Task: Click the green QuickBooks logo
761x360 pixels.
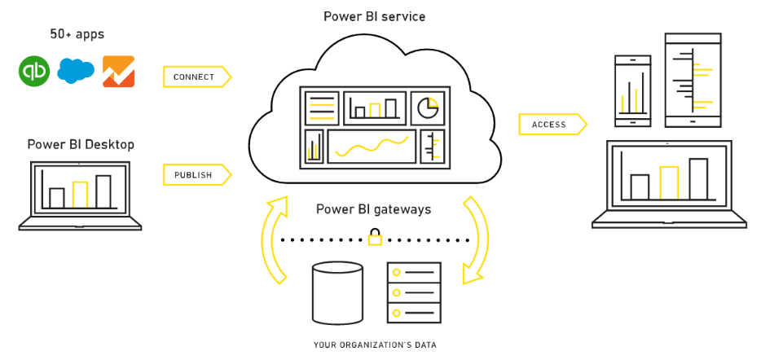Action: click(x=34, y=72)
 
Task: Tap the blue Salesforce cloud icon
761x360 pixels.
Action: click(x=76, y=71)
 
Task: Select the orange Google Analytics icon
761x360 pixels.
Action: click(x=118, y=72)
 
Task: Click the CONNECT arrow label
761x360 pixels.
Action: click(x=196, y=77)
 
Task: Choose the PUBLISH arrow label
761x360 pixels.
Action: click(x=196, y=175)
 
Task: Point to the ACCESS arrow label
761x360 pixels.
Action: click(x=552, y=125)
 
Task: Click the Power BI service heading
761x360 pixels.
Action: click(x=374, y=16)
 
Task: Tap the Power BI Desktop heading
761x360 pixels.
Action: click(x=81, y=145)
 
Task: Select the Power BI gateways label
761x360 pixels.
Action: click(x=374, y=209)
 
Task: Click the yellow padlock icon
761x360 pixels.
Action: click(x=375, y=237)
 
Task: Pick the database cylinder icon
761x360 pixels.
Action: click(x=338, y=293)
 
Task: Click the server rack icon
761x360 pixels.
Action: click(x=414, y=292)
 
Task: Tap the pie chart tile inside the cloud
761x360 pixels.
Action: click(x=428, y=108)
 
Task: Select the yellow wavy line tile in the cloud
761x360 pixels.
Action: click(x=372, y=147)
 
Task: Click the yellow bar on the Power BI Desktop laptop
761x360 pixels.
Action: click(x=80, y=195)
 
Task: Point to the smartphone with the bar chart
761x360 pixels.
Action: click(x=633, y=90)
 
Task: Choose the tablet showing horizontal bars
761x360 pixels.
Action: click(x=693, y=80)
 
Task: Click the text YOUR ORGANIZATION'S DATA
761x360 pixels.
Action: click(x=375, y=345)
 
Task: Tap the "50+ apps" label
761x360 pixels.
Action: click(x=77, y=34)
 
